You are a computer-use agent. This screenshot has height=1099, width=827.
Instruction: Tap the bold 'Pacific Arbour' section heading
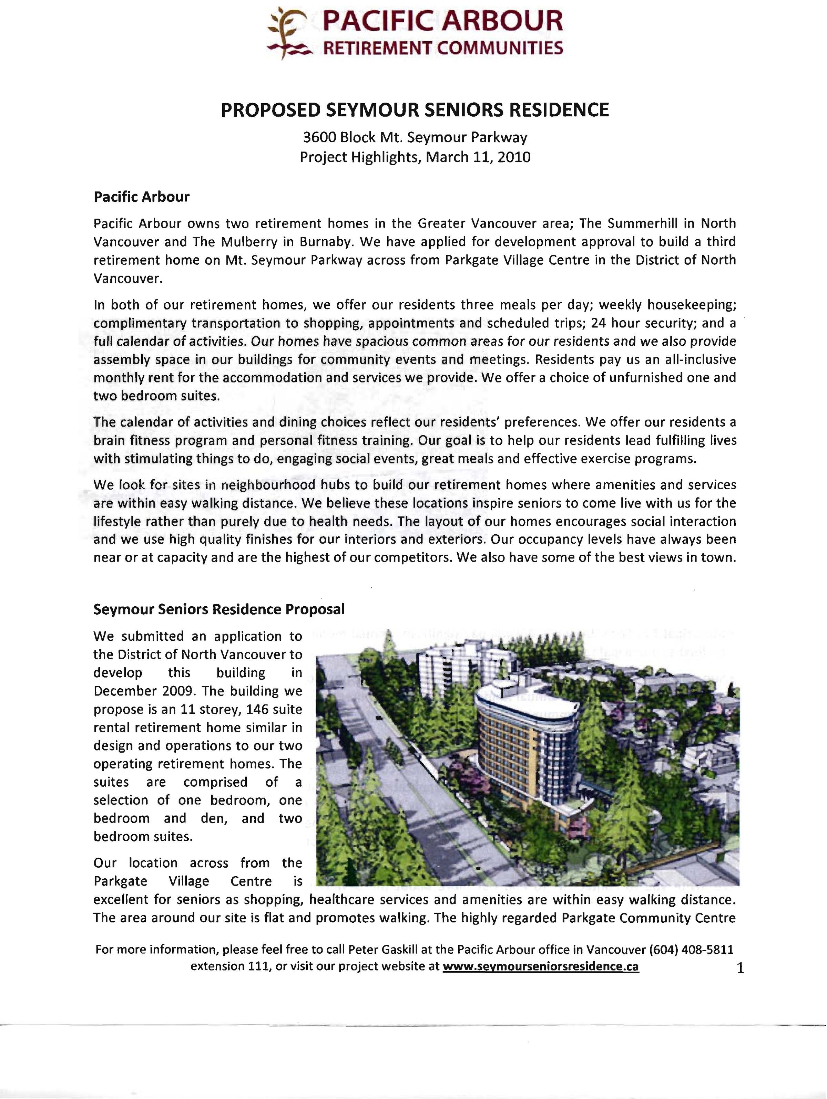142,197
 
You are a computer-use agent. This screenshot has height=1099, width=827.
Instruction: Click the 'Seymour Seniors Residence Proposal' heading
219,610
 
